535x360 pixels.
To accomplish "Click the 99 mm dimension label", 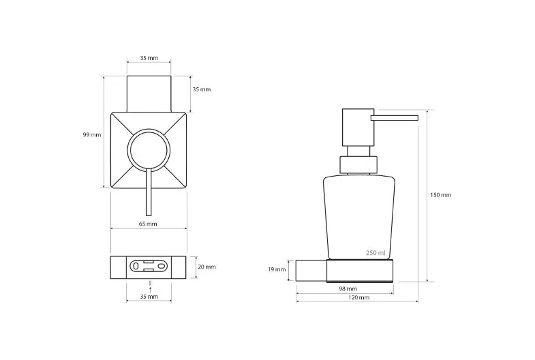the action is pyautogui.click(x=92, y=135).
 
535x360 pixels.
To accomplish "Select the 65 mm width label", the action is pyautogui.click(x=148, y=224).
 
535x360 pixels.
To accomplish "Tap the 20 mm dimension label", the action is pyautogui.click(x=207, y=267).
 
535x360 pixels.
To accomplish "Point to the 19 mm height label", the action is pyautogui.click(x=277, y=269).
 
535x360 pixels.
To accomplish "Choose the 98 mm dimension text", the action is pyautogui.click(x=348, y=288).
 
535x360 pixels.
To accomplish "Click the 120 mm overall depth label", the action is pyautogui.click(x=358, y=297).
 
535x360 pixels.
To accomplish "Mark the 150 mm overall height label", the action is pyautogui.click(x=440, y=195).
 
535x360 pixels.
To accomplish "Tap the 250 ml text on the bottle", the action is pyautogui.click(x=376, y=253).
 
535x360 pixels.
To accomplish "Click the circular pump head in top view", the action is pyautogui.click(x=149, y=129).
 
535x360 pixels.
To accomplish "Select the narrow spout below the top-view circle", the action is pyautogui.click(x=149, y=192).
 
